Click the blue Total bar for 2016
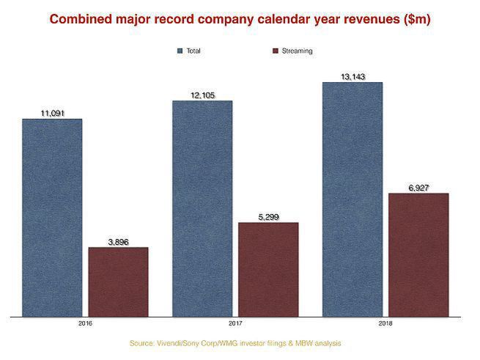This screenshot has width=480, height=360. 51,218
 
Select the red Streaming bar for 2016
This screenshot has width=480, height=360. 118,282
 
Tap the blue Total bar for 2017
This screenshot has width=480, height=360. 202,209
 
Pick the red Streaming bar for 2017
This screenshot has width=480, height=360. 268,270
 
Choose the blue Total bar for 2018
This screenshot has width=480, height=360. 352,199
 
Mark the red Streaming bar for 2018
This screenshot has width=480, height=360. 418,255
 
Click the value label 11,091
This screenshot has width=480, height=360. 52,113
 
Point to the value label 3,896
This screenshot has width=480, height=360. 118,241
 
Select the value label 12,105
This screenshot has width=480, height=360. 202,95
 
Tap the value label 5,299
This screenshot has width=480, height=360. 268,216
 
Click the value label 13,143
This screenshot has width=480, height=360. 352,76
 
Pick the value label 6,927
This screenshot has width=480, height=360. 418,188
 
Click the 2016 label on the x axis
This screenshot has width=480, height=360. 85,323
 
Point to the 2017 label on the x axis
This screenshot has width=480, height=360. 235,323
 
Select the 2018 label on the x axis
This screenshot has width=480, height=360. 385,323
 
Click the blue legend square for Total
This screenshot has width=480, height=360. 179,51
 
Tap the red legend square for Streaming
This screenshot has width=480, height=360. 275,51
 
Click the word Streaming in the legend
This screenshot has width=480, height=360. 297,51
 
